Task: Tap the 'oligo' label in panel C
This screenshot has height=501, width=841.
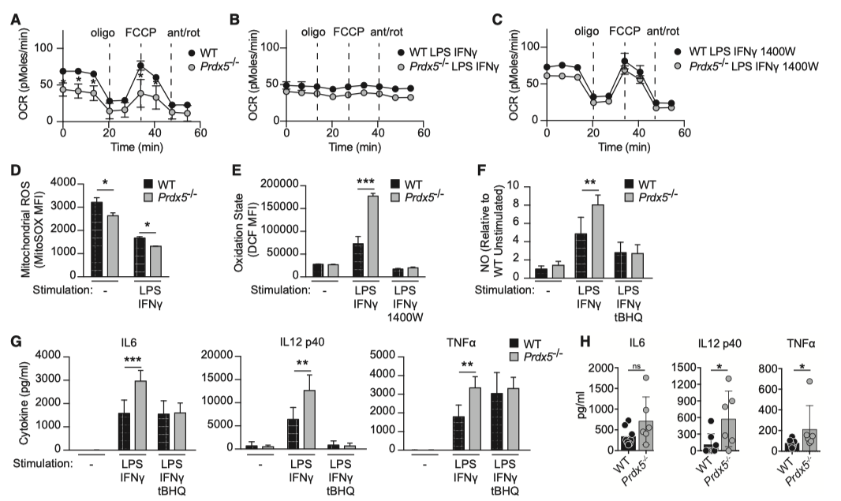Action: point(587,32)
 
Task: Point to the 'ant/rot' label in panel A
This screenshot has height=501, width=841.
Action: point(183,32)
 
